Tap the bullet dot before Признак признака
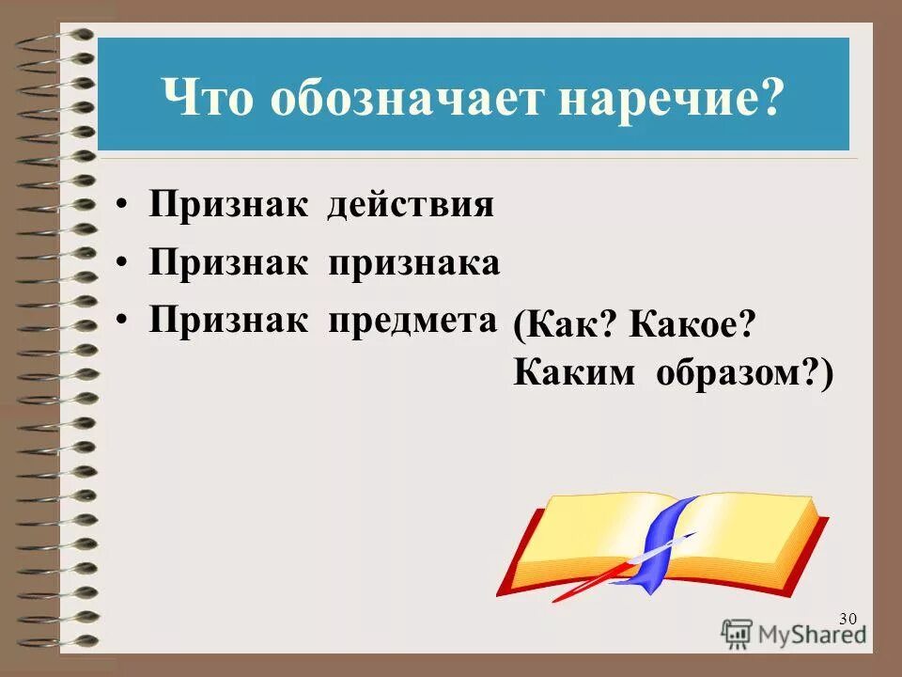point(124,265)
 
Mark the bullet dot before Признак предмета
point(124,322)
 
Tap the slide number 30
point(848,618)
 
